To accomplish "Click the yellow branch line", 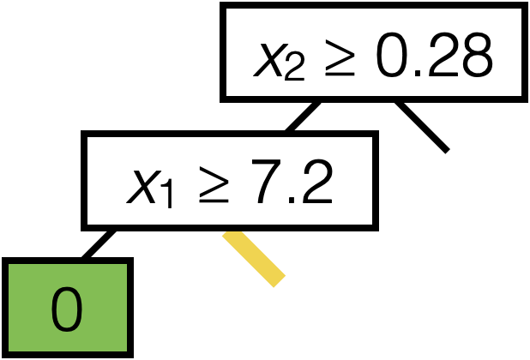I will [x=254, y=258].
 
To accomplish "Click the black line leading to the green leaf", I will [x=98, y=243].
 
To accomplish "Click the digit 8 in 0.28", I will [x=474, y=57].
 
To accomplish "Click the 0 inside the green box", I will [x=68, y=309].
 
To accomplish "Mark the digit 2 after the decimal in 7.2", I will [x=314, y=183].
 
